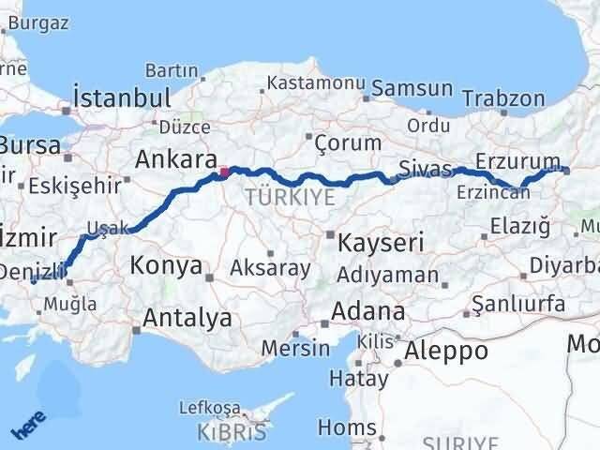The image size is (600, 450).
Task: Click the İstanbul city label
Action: [122, 97]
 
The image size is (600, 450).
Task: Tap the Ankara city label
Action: [176, 158]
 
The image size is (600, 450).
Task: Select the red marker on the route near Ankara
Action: [224, 172]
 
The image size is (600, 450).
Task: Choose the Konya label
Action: [166, 265]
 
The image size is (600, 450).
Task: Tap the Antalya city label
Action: [187, 318]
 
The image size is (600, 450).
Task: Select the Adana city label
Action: [371, 311]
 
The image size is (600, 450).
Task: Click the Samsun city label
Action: [412, 89]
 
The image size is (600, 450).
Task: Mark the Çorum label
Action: [348, 142]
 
